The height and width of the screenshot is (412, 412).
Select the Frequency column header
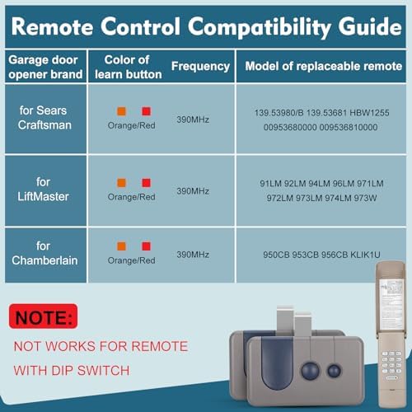coord(200,65)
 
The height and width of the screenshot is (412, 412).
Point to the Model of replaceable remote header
coord(325,65)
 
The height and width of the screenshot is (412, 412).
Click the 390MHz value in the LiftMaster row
coord(193,190)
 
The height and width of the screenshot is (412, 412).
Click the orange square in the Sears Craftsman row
coord(121,110)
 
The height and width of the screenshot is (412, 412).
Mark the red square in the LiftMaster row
coord(146,182)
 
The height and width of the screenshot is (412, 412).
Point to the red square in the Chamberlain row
coord(146,245)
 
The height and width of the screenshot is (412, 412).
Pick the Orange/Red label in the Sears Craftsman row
coord(131,125)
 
